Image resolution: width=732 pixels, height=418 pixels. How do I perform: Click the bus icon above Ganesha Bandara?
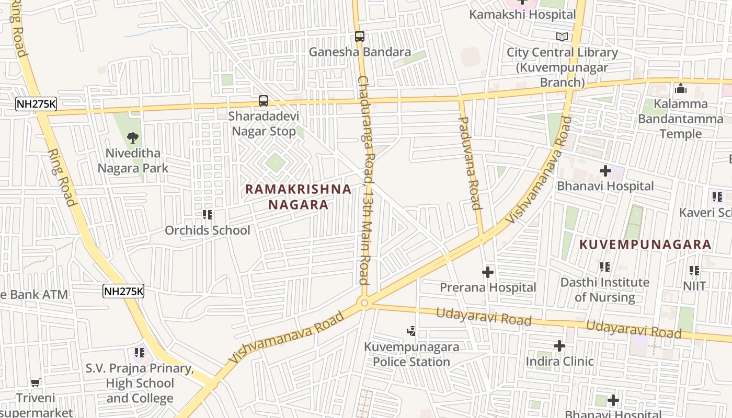[359, 37]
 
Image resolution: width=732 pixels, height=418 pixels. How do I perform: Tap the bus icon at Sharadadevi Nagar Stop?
[264, 101]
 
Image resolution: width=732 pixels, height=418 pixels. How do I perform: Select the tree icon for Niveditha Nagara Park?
[133, 138]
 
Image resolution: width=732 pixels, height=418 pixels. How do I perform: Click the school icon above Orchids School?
[208, 215]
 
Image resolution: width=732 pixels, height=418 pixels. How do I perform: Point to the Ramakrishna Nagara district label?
[298, 196]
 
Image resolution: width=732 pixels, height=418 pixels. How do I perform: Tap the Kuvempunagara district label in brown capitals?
[645, 245]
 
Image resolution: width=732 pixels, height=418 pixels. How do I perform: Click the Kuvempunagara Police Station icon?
[411, 331]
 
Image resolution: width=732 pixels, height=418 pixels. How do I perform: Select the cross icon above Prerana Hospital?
[487, 272]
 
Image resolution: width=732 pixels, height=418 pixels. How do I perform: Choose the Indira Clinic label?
[559, 361]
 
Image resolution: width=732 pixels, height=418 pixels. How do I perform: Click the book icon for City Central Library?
[562, 37]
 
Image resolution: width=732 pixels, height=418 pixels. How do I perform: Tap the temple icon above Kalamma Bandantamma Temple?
[680, 88]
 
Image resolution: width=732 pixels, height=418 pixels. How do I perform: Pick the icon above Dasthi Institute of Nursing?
[605, 267]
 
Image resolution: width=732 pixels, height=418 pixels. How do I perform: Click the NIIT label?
[694, 286]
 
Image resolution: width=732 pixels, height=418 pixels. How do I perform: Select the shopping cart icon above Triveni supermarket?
[35, 383]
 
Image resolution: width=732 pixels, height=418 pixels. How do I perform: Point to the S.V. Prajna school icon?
[139, 353]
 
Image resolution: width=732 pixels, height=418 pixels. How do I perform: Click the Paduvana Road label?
[469, 163]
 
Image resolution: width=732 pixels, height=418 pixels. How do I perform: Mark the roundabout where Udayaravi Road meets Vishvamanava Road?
[364, 303]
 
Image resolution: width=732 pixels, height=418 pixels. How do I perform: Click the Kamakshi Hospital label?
[522, 15]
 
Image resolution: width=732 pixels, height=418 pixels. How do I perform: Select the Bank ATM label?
[34, 294]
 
